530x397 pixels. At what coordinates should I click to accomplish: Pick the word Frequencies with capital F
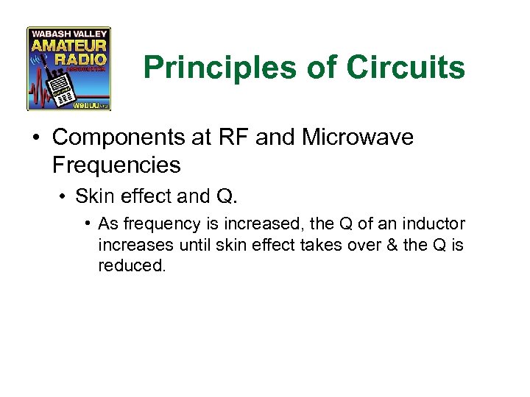(116, 165)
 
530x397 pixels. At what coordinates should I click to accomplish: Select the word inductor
(436, 224)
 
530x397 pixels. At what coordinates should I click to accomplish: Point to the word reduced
(132, 265)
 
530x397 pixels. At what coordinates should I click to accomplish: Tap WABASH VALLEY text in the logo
(68, 33)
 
